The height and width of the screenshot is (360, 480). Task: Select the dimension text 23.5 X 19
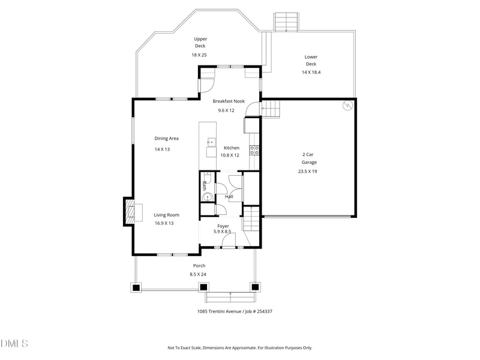point(307,171)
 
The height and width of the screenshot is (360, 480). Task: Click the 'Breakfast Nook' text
point(229,101)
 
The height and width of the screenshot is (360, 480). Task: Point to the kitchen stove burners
point(254,150)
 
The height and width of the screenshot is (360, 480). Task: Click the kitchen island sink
point(211,142)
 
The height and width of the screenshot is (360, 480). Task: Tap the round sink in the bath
point(206,196)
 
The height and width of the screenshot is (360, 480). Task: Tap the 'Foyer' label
point(223,226)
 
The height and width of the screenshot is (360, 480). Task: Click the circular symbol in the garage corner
point(346,106)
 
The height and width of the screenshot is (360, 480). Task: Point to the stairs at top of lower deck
point(286,22)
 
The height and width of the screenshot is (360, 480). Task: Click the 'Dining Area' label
point(166,138)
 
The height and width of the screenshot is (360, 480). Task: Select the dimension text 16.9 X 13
point(164,223)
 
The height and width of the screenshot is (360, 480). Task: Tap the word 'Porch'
point(199,266)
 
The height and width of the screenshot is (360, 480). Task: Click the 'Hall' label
point(229,197)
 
